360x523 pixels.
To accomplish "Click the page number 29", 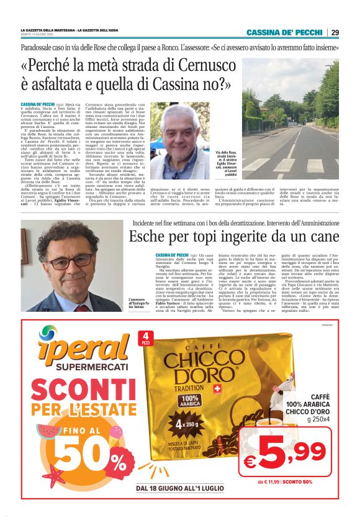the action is pyautogui.click(x=335, y=32).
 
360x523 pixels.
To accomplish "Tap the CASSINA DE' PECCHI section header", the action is pyautogui.click(x=284, y=32).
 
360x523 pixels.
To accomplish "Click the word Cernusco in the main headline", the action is pyautogui.click(x=208, y=65).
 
